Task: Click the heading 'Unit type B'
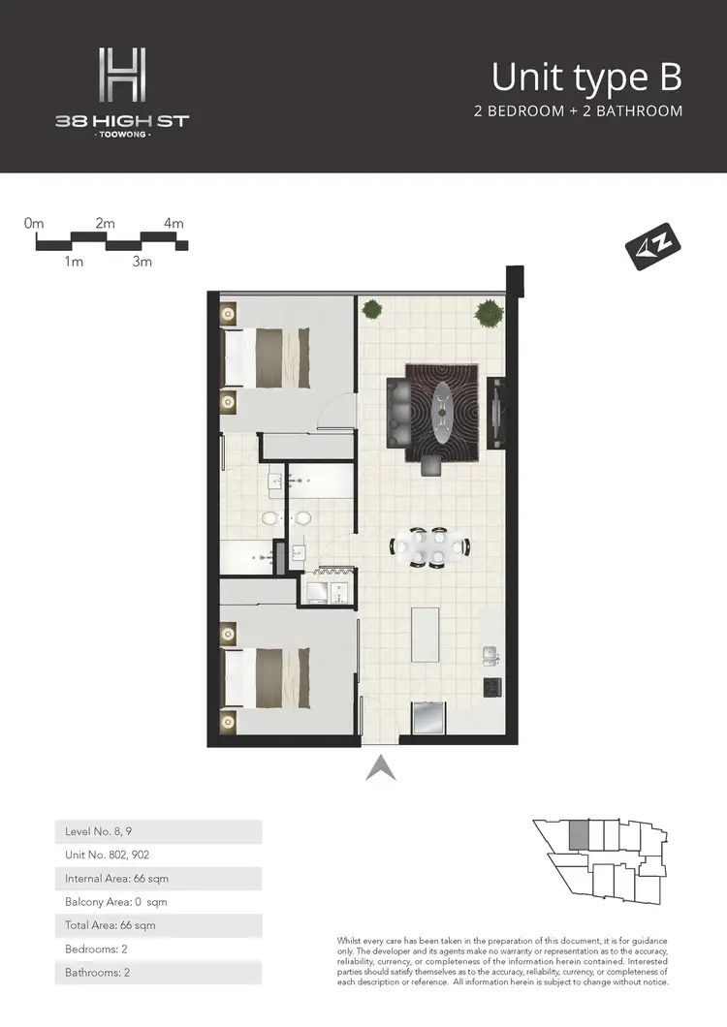(x=586, y=76)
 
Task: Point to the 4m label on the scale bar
(x=174, y=224)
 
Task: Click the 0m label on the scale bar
(x=35, y=224)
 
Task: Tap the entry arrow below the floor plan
(x=379, y=767)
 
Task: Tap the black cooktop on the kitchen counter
(x=490, y=686)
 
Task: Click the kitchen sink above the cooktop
(x=490, y=657)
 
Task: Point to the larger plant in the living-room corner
(x=489, y=313)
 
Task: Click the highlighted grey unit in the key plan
(x=578, y=834)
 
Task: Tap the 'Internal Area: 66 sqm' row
(x=158, y=879)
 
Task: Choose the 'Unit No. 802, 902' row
(x=158, y=855)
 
